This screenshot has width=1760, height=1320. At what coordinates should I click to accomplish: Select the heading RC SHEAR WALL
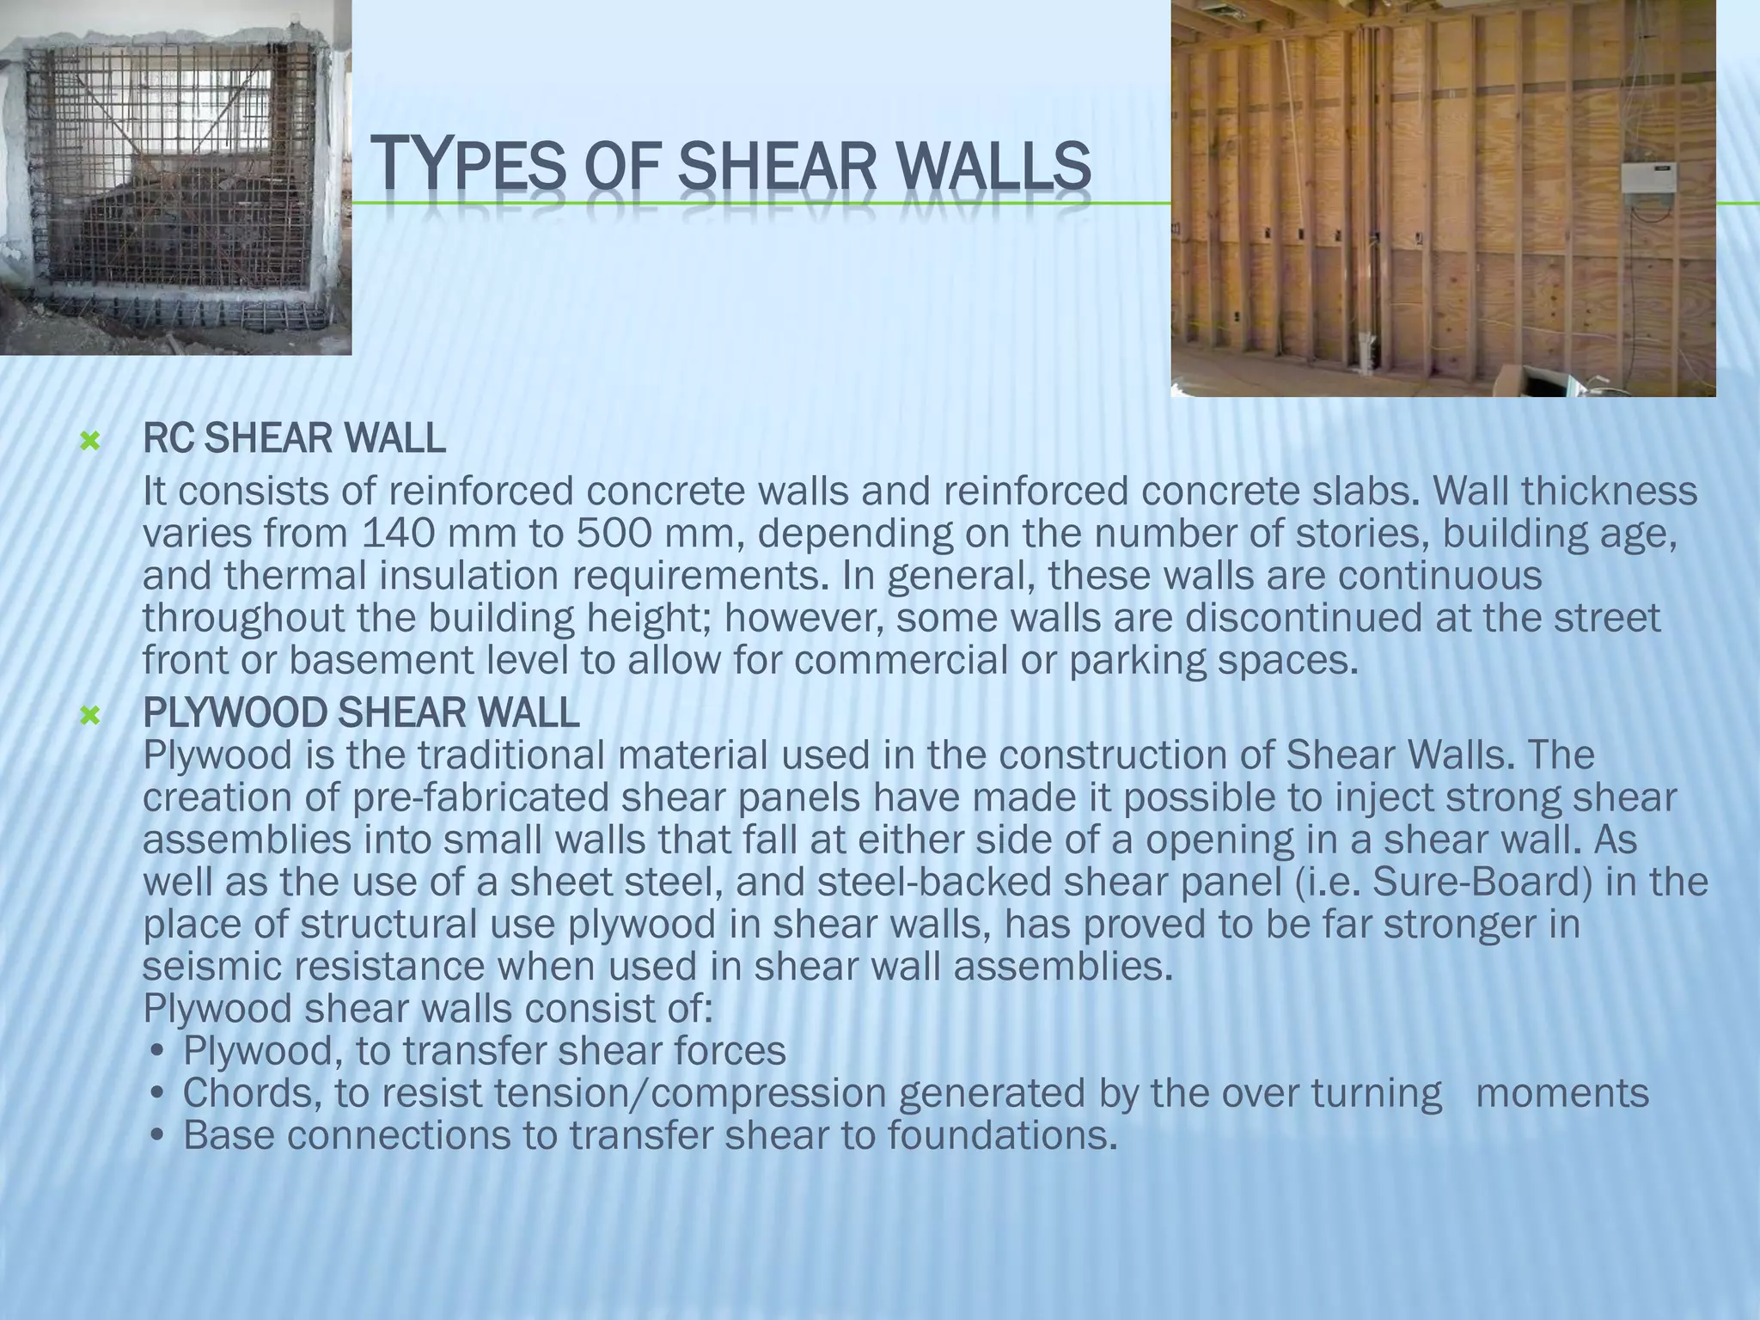(x=294, y=439)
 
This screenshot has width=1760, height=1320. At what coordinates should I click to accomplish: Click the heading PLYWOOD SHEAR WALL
(x=361, y=712)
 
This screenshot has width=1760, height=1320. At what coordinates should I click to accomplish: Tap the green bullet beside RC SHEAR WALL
(x=89, y=442)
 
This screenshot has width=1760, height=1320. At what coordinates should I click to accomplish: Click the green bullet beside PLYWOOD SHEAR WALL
(x=89, y=715)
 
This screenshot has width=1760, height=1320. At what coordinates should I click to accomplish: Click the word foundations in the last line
(x=1002, y=1135)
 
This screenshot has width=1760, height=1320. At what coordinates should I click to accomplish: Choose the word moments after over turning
(x=1562, y=1093)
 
